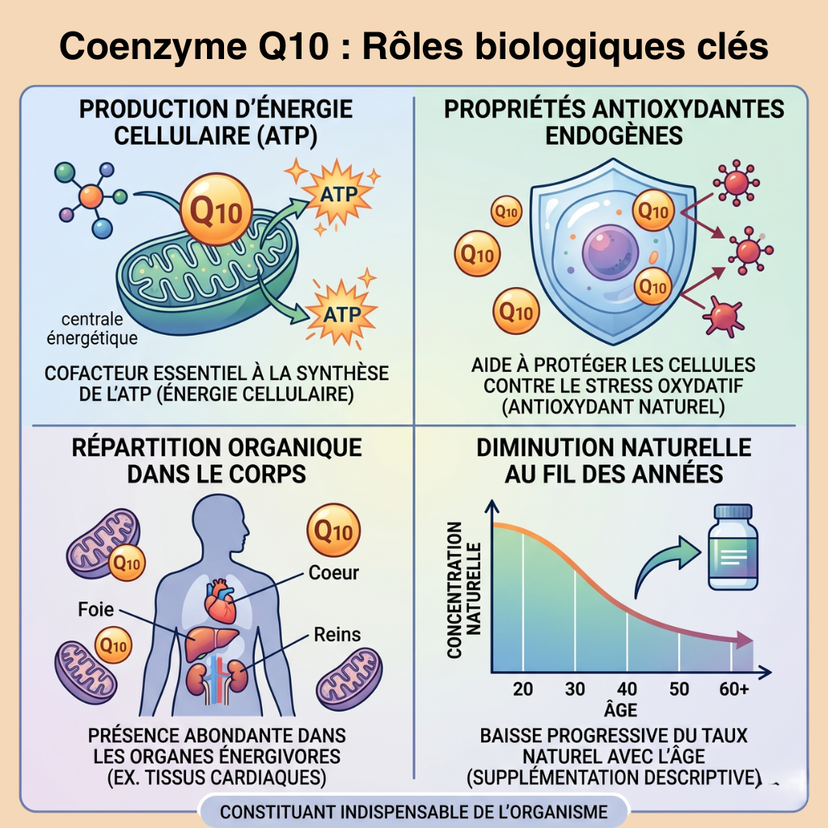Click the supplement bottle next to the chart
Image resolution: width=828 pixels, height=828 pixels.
click(x=733, y=547)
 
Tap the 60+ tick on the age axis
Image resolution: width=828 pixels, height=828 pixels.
click(x=734, y=689)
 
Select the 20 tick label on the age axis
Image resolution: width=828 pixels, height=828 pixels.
click(x=523, y=689)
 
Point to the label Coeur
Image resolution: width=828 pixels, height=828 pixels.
click(x=334, y=572)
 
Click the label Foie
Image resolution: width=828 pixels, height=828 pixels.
click(x=95, y=610)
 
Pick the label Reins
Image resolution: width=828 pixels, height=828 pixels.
click(x=337, y=634)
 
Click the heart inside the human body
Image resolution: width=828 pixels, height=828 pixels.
click(x=221, y=601)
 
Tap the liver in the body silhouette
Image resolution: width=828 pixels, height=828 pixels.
click(x=210, y=642)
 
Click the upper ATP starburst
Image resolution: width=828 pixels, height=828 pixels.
click(x=338, y=194)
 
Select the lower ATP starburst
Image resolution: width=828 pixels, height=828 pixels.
click(x=342, y=315)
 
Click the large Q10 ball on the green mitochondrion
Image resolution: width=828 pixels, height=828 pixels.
click(x=216, y=209)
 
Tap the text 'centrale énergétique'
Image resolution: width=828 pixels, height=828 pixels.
click(x=92, y=328)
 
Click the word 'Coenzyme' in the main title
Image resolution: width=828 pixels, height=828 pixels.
click(x=153, y=46)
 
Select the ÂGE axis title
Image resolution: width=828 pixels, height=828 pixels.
click(x=620, y=709)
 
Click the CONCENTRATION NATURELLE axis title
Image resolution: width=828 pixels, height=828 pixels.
click(x=464, y=589)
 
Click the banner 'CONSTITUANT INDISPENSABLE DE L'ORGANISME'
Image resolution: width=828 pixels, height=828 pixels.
click(x=414, y=812)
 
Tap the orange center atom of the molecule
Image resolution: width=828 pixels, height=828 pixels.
click(x=91, y=196)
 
